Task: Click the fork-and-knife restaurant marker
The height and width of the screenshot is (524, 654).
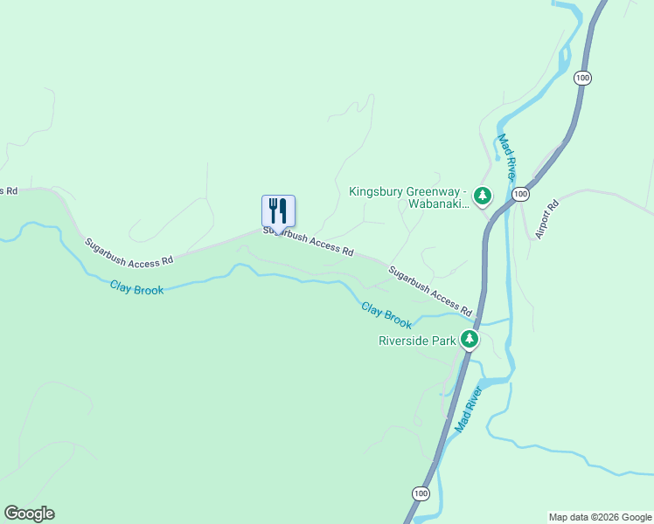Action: click(x=278, y=211)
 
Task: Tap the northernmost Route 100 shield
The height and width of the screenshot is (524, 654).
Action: click(x=583, y=79)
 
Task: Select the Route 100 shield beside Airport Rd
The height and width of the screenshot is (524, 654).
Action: click(x=520, y=193)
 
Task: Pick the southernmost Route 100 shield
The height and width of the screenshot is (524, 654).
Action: click(x=422, y=494)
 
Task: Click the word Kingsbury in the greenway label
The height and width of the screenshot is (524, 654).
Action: click(x=373, y=191)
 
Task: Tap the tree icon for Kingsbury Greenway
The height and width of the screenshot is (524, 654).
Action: click(x=482, y=196)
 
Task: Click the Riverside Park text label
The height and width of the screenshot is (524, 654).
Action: click(x=417, y=341)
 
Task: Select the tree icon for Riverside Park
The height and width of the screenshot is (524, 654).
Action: click(x=470, y=339)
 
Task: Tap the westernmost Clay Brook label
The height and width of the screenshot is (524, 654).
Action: click(x=136, y=287)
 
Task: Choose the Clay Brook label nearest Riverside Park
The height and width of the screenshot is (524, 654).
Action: click(x=386, y=315)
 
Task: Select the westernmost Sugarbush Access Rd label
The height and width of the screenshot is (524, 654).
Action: click(x=129, y=252)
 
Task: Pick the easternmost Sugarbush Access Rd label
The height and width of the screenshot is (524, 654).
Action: click(x=430, y=291)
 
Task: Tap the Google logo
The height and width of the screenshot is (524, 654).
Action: click(x=29, y=514)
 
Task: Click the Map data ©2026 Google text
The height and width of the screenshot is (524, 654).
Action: click(x=600, y=517)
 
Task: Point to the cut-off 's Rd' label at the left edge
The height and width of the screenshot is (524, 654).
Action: click(x=9, y=190)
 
